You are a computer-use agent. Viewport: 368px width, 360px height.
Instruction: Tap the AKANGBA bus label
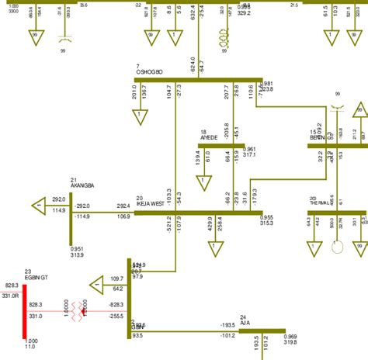82,186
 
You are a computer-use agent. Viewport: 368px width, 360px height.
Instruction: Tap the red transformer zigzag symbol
78,310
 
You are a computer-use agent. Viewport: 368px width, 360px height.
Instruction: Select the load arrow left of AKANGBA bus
39,206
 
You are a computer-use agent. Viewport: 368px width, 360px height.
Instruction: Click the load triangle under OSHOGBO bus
141,116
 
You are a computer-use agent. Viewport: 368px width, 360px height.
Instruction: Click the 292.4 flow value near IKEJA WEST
123,206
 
